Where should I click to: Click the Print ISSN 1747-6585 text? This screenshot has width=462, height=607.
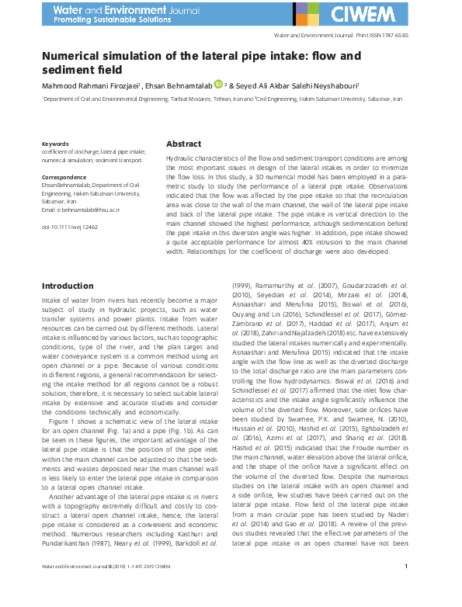(380, 36)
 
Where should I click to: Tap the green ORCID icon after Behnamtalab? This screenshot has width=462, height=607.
(218, 85)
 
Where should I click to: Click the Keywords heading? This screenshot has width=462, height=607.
(55, 144)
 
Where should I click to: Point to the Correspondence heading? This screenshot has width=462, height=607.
(64, 178)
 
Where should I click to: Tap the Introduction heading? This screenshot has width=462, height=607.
(67, 286)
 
